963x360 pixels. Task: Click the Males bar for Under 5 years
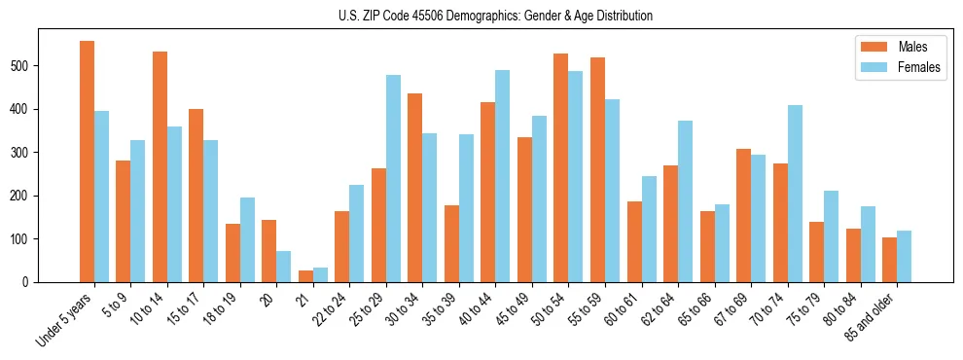(x=87, y=162)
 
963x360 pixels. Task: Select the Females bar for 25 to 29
(x=393, y=179)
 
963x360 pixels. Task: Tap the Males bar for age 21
(x=305, y=276)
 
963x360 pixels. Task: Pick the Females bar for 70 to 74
(x=795, y=194)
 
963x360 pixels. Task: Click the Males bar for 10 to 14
(x=160, y=166)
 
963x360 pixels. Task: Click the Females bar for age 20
(x=284, y=267)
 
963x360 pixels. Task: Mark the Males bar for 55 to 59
(x=597, y=169)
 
